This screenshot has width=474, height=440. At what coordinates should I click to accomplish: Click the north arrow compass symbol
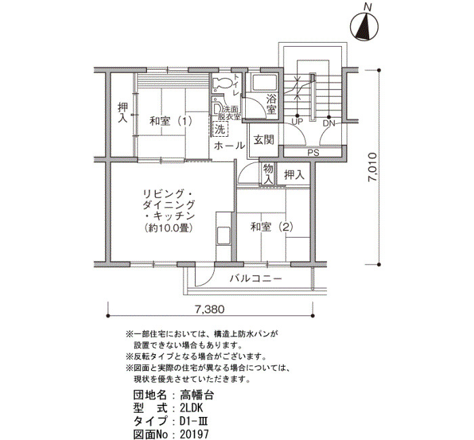pos(364,26)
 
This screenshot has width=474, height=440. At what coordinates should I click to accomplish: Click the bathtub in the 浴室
pos(265,82)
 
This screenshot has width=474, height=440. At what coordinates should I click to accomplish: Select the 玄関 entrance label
pos(264,139)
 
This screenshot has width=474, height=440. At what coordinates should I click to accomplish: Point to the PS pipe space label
pos(314,153)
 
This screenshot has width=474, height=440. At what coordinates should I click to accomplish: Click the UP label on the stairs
pos(297,123)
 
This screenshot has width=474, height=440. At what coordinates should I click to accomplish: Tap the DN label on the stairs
pos(328,123)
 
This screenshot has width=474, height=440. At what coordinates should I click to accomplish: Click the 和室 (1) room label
pos(171,122)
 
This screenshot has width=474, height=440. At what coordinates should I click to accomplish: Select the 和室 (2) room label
pos(272,227)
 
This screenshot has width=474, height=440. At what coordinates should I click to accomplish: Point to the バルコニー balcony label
pos(256,278)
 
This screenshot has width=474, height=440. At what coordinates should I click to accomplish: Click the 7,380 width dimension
pos(210,309)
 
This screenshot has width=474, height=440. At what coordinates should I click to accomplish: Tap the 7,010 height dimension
pos(372,168)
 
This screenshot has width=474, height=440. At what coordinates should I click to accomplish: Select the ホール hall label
pos(230,146)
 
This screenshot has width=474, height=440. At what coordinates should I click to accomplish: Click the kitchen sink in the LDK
pos(223,236)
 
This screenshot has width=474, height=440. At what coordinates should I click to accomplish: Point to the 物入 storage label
pos(268,174)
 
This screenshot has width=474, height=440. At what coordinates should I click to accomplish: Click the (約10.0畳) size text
pos(169,227)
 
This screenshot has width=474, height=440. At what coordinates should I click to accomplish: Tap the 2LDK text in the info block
pos(192,408)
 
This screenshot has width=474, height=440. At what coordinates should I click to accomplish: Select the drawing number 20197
pos(194,434)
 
